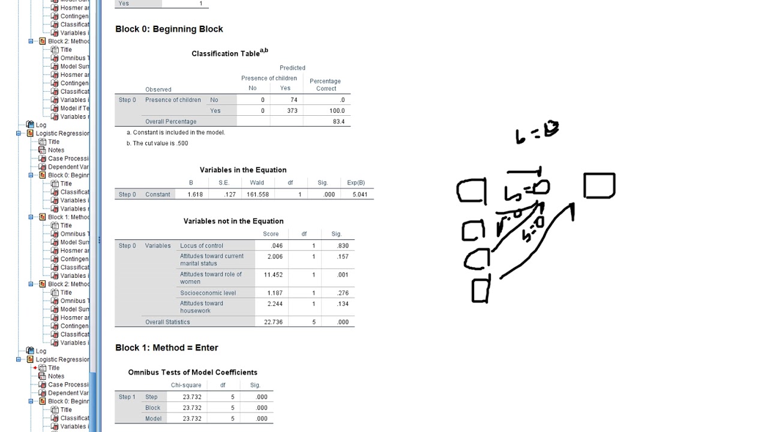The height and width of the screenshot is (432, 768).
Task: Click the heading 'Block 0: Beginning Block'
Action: tap(169, 29)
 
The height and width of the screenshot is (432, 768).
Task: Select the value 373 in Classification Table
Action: tap(292, 110)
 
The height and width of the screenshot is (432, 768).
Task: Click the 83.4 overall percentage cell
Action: tap(338, 121)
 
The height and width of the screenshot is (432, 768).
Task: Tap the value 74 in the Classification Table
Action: tap(293, 100)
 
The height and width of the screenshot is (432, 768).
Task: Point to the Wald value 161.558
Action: tap(257, 194)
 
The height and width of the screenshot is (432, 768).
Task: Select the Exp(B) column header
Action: tap(356, 182)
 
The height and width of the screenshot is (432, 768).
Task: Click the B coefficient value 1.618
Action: tap(195, 194)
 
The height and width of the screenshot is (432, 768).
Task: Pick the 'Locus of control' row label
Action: tap(202, 245)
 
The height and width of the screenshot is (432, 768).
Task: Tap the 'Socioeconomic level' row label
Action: tap(208, 293)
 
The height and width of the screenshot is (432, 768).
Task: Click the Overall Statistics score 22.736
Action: tap(273, 322)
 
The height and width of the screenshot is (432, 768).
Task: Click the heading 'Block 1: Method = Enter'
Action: tap(166, 347)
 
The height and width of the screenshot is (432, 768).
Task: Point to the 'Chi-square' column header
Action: tap(186, 385)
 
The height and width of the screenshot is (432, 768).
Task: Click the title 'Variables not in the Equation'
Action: tap(233, 221)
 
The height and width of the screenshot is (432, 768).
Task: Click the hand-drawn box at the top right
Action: tap(599, 185)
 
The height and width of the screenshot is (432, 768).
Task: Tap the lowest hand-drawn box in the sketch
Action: tap(480, 291)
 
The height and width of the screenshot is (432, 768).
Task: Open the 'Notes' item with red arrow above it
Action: tap(56, 376)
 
